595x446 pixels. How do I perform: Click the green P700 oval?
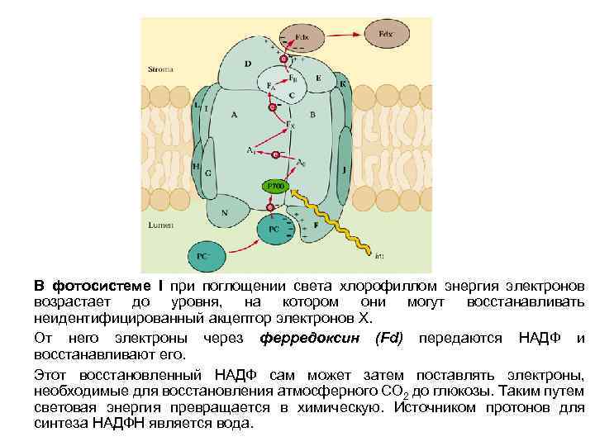(275, 187)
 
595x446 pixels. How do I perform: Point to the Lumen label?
(159, 224)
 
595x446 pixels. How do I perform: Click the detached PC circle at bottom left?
(202, 257)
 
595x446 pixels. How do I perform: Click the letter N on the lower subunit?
(224, 212)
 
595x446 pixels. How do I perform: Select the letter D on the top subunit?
(248, 64)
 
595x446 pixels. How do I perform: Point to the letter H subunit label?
(196, 166)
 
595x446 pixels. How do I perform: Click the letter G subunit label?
(208, 173)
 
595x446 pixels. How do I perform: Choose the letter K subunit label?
(342, 84)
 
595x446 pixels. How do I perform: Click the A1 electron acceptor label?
(250, 149)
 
